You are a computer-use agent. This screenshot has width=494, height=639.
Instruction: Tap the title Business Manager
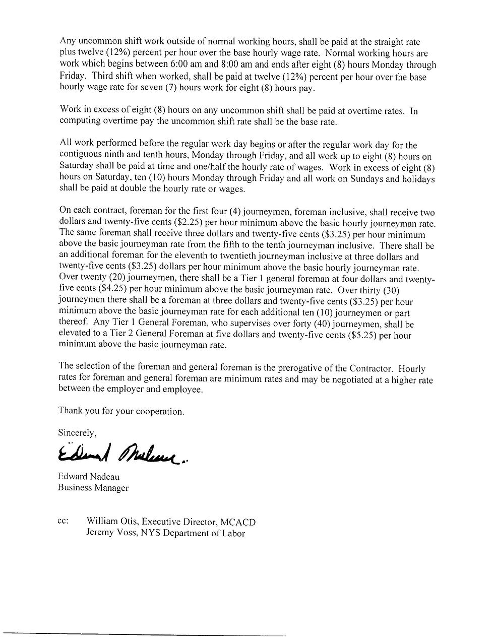93,488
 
